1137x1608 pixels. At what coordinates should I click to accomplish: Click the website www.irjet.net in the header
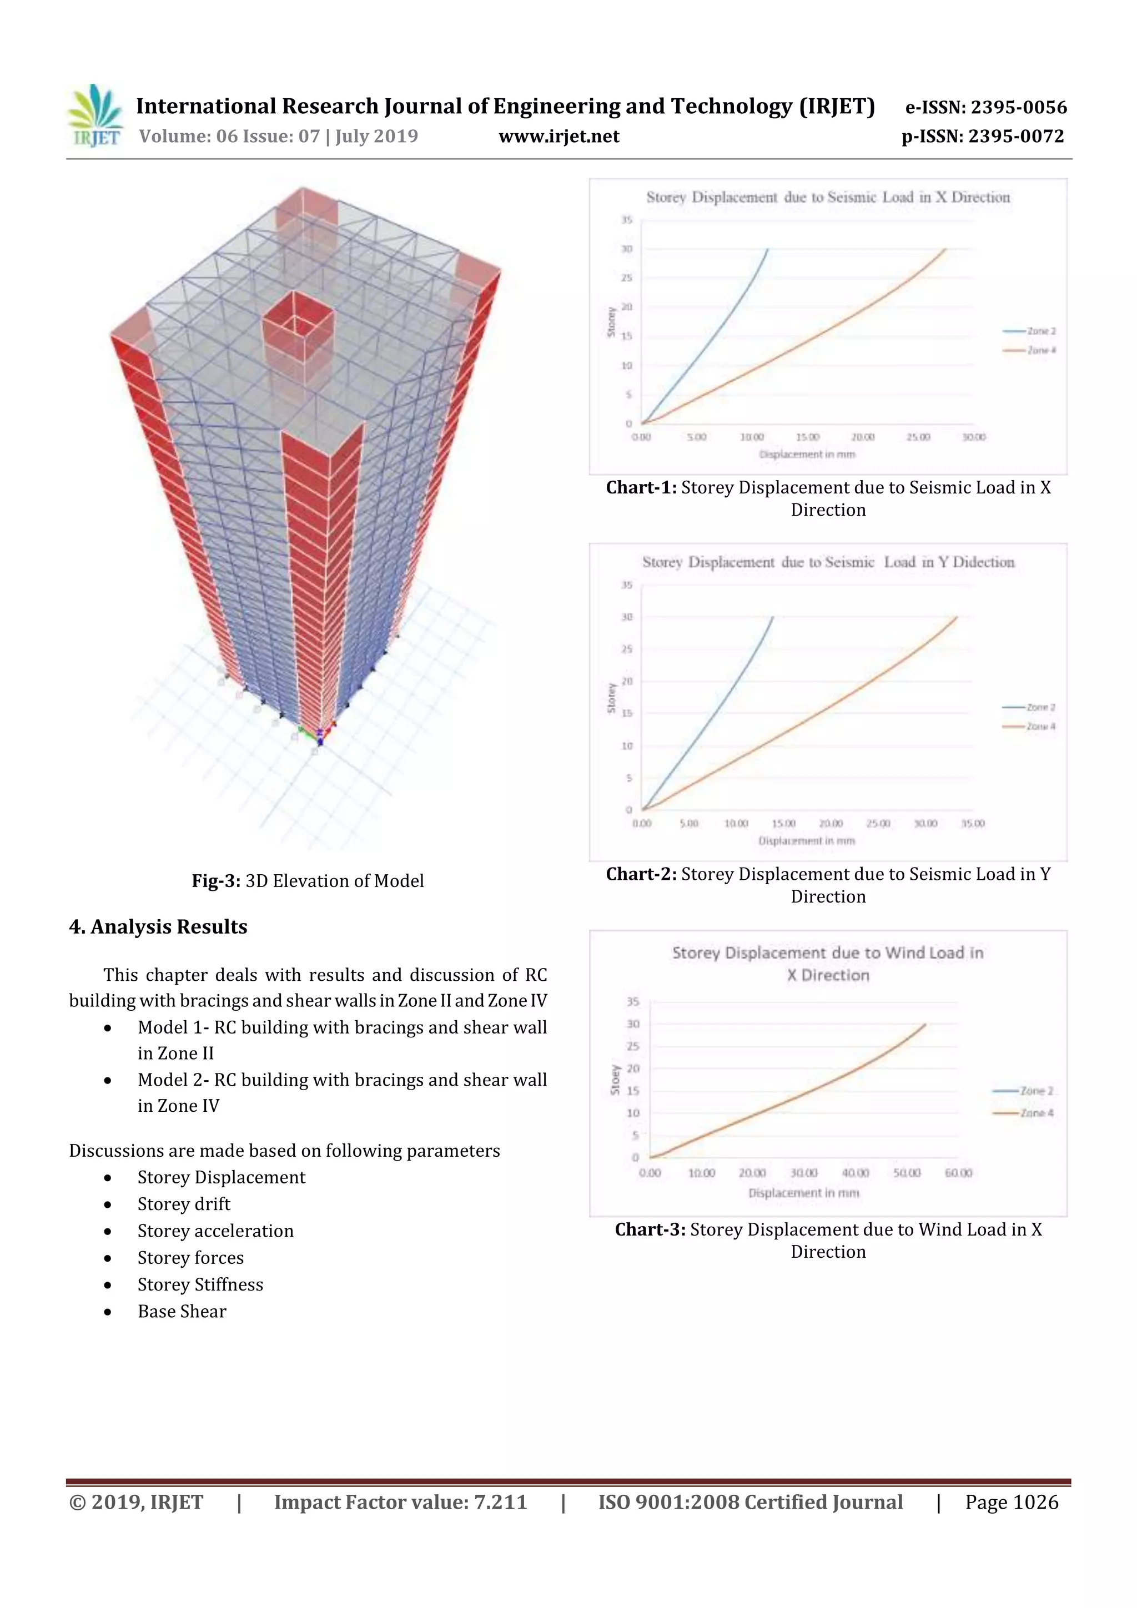(559, 136)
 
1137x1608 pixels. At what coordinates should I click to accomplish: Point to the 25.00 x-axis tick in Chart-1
(918, 437)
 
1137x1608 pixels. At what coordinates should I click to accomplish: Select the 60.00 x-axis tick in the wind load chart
(958, 1173)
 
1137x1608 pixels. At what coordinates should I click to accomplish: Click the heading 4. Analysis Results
(158, 926)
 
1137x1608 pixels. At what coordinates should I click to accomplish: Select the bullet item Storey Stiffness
(200, 1284)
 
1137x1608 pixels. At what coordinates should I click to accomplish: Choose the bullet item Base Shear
(182, 1311)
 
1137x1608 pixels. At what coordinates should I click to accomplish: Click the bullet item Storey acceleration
(215, 1231)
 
